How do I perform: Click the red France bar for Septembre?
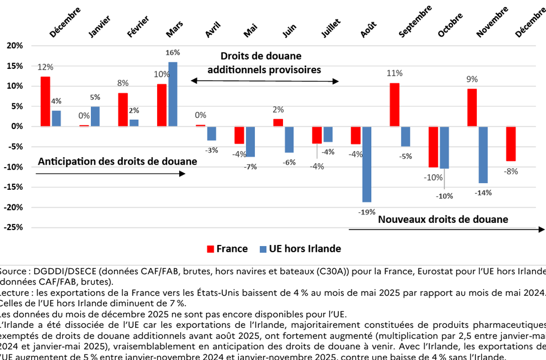click(394, 104)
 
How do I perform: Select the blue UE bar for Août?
click(366, 164)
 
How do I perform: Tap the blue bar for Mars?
click(173, 94)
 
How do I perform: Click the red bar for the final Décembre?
click(510, 144)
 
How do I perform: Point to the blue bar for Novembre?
click(483, 155)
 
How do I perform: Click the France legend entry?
click(227, 249)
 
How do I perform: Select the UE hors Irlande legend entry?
click(300, 249)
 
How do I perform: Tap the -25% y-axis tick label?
click(14, 227)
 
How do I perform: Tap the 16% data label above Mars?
click(173, 52)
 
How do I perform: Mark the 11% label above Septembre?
click(394, 73)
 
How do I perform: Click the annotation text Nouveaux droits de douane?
click(443, 219)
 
